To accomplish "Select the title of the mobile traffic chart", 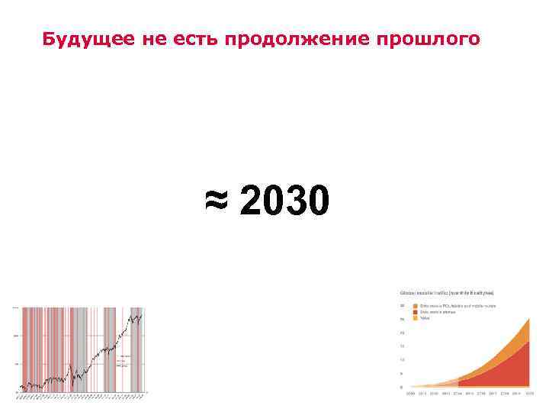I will point(447,291).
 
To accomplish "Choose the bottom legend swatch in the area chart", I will point(415,318).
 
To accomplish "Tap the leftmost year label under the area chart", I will point(411,394).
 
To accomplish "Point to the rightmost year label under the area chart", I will point(528,394).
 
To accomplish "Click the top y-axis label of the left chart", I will point(15,307).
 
